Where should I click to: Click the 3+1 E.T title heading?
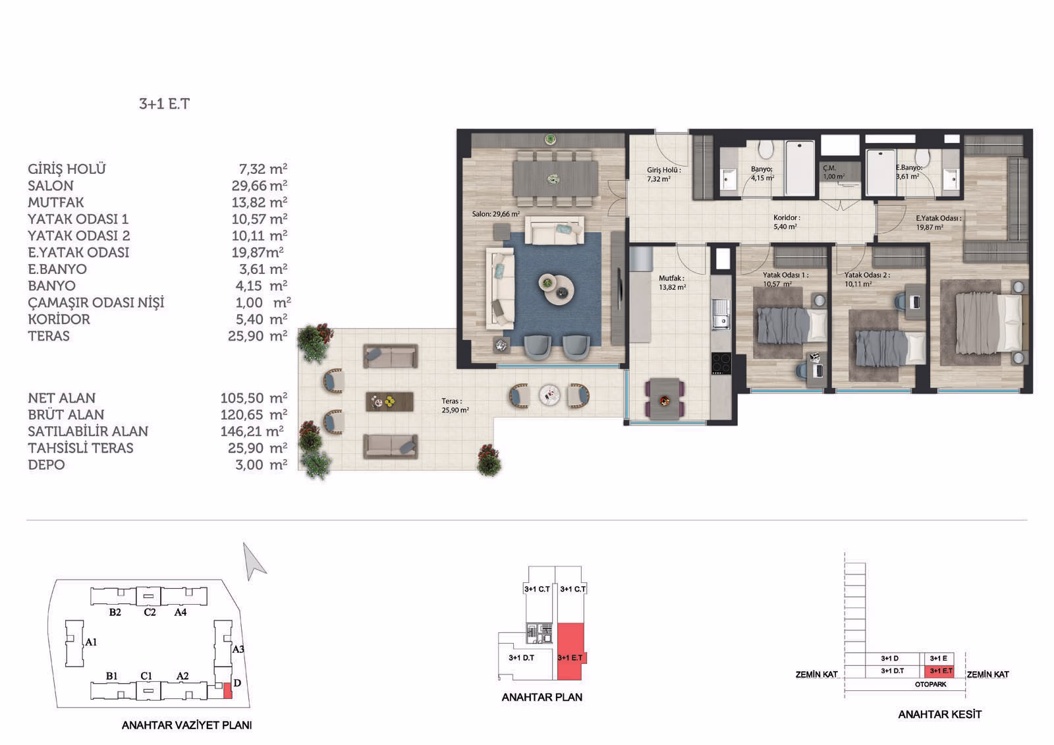(x=164, y=104)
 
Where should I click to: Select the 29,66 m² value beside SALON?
(x=260, y=185)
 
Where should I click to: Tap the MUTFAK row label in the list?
(x=55, y=202)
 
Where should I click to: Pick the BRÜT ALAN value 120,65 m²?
(x=254, y=414)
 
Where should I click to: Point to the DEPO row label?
(x=46, y=465)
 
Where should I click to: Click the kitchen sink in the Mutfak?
(x=721, y=314)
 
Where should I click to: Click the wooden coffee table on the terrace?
(x=389, y=401)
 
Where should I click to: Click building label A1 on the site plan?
(x=91, y=642)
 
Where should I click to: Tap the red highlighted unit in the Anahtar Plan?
(x=570, y=652)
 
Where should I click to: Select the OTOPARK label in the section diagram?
(x=930, y=684)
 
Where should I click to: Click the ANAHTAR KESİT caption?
(x=939, y=715)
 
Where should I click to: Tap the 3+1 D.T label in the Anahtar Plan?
(x=521, y=657)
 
